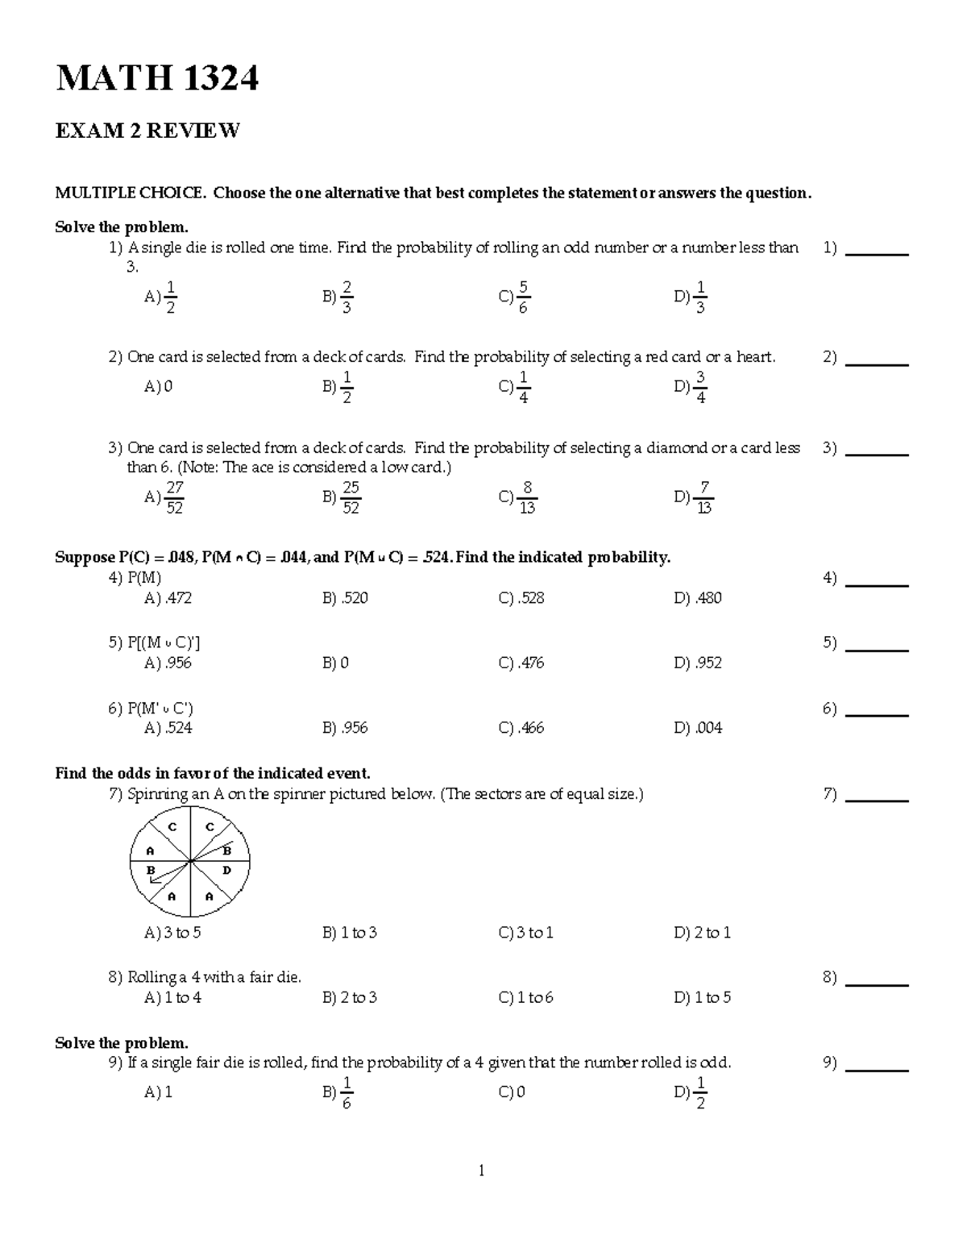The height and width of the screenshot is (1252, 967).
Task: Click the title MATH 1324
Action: click(x=156, y=79)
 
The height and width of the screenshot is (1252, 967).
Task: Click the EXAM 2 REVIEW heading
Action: click(x=147, y=131)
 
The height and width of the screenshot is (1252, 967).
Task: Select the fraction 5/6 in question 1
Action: click(x=523, y=297)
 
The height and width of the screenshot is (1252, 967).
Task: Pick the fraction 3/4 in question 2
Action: click(x=699, y=388)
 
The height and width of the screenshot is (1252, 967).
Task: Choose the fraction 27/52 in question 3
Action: click(x=173, y=497)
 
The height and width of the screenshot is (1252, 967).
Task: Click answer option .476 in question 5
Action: click(x=531, y=663)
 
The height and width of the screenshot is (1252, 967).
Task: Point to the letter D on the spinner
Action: click(x=226, y=870)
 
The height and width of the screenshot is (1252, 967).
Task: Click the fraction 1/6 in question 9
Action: click(x=346, y=1093)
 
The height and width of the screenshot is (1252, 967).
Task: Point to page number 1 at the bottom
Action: click(x=481, y=1171)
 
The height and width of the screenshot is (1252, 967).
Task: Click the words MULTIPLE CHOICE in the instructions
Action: click(x=129, y=193)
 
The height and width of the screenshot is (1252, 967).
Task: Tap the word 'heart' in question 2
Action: click(x=754, y=357)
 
